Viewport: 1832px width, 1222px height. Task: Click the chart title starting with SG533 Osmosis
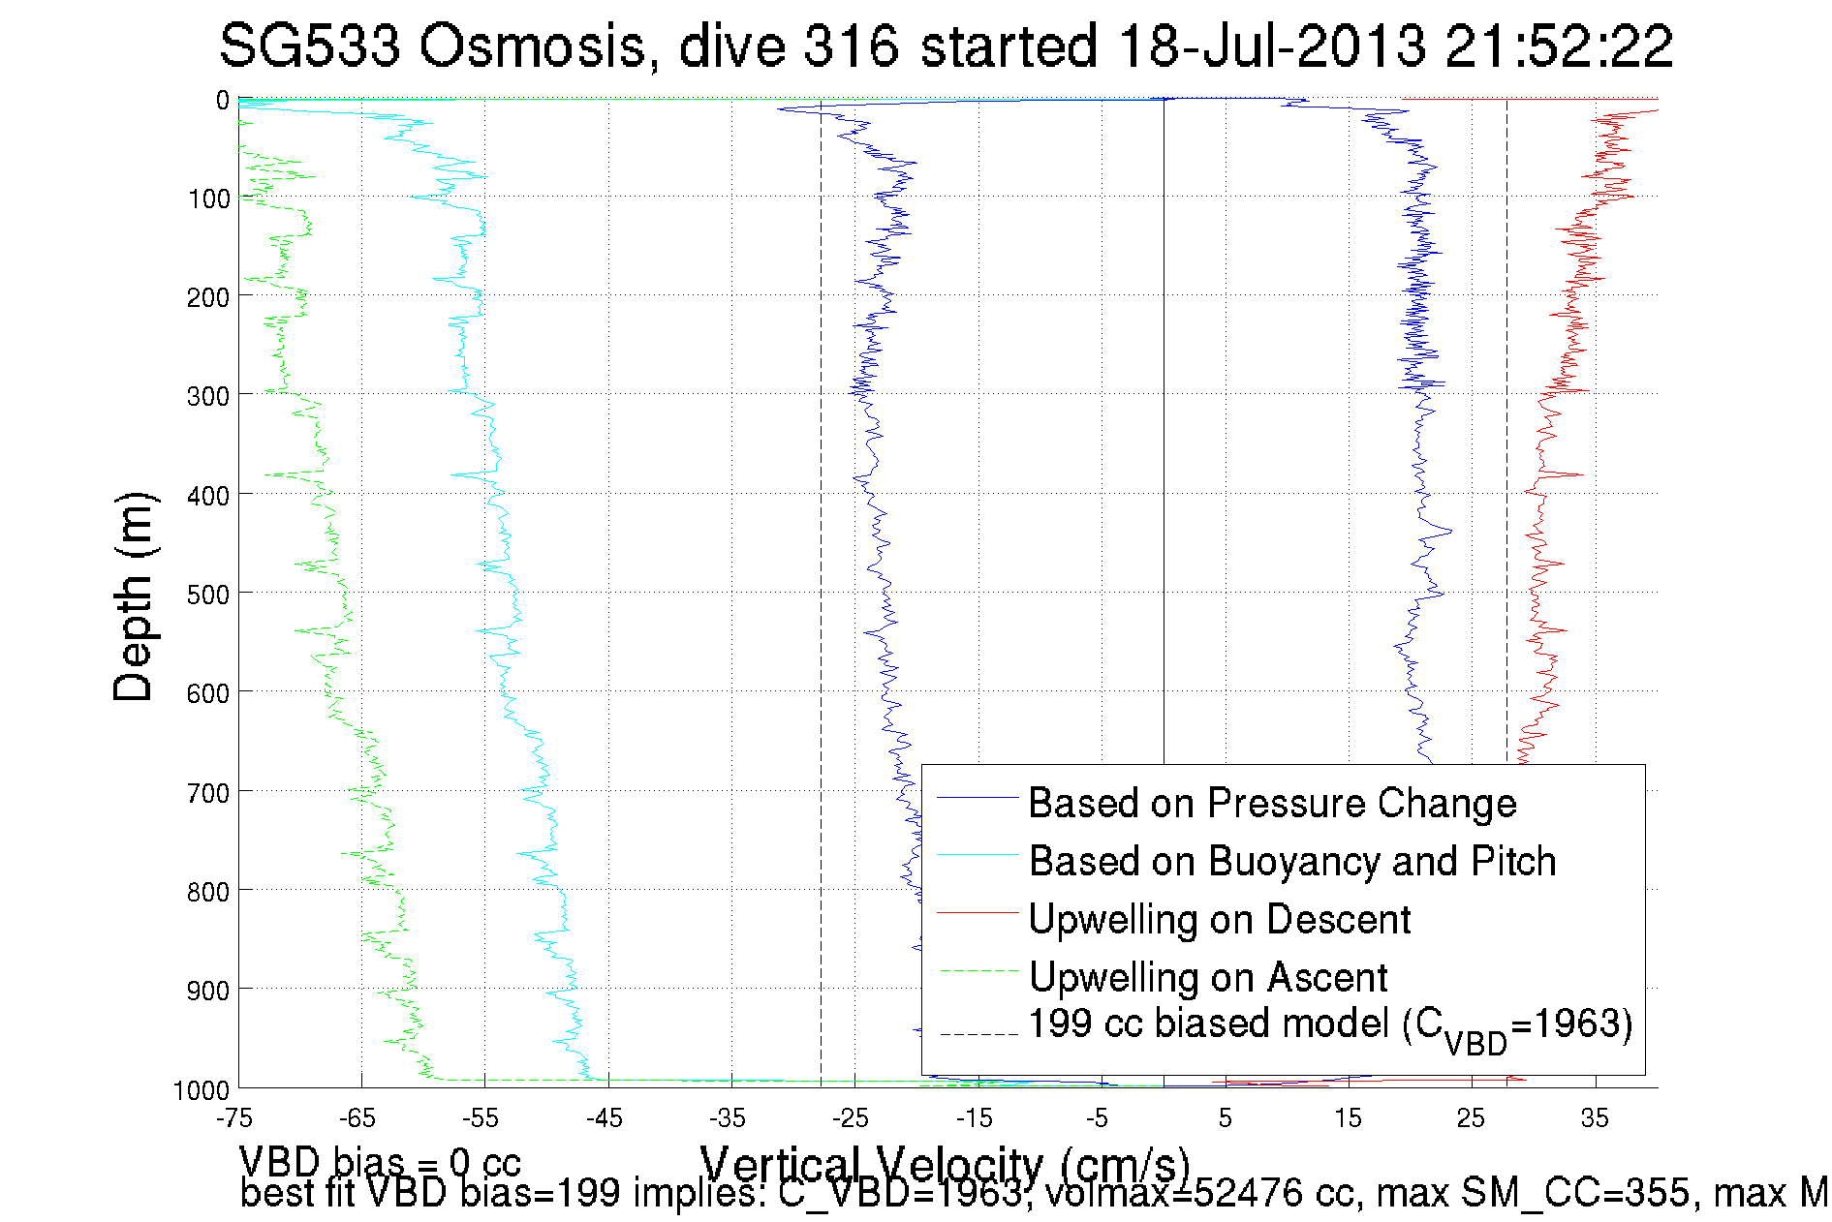pos(946,46)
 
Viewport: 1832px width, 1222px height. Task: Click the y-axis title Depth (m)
pos(133,597)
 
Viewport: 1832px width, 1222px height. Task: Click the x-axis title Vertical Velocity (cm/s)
pos(945,1165)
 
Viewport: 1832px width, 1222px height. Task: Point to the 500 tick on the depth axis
pos(208,594)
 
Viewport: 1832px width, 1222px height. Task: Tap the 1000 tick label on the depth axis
pos(202,1090)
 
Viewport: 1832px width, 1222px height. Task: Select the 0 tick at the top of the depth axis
pos(223,100)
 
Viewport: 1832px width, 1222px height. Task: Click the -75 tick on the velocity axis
pos(234,1118)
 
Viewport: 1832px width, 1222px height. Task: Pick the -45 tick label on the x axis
pos(605,1118)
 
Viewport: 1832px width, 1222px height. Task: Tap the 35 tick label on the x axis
pos(1595,1118)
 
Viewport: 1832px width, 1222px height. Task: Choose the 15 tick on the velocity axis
pos(1348,1118)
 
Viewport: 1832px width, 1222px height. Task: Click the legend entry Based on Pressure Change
pos(1272,803)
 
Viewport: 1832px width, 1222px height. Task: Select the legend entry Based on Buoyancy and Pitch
pos(1291,861)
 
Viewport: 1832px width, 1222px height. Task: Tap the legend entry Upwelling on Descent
pos(1219,919)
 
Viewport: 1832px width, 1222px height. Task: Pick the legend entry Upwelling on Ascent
pos(1208,977)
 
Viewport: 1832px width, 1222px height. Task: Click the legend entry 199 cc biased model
pos(1330,1025)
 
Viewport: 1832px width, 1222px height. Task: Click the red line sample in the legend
pos(978,911)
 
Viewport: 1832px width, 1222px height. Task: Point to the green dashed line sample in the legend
pos(978,969)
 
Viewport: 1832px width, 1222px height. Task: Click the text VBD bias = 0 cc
pos(380,1161)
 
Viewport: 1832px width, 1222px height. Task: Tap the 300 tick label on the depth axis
pos(208,396)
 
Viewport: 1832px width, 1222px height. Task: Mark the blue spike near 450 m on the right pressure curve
pos(1449,531)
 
